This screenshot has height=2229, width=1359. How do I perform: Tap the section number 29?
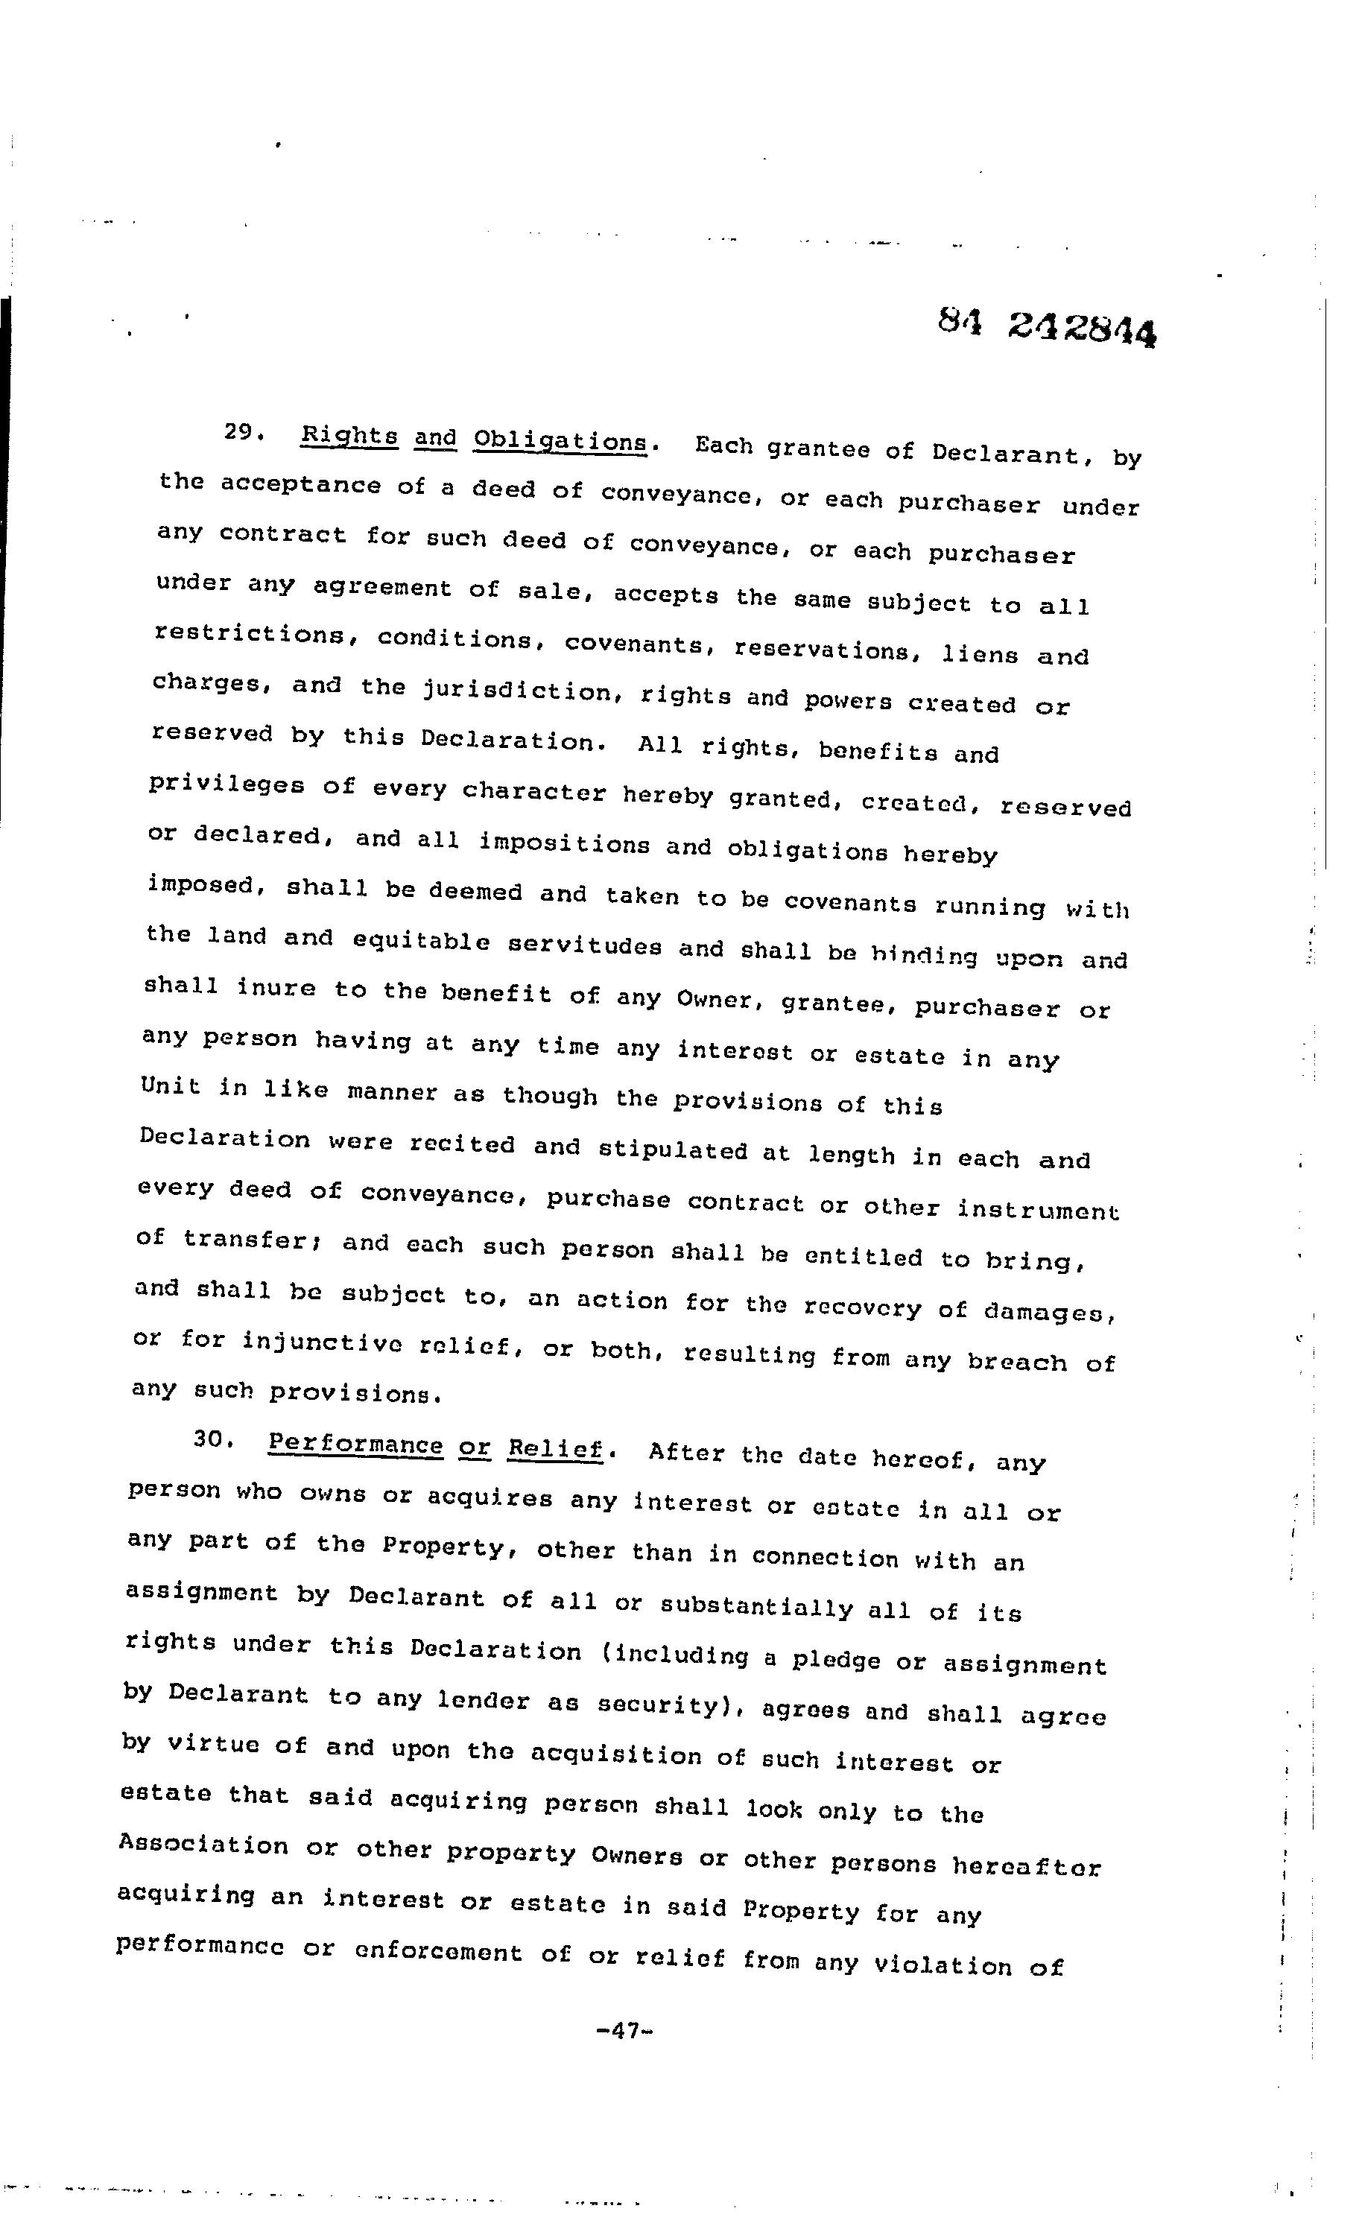click(x=242, y=431)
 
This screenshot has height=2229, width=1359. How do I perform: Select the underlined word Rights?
click(x=349, y=435)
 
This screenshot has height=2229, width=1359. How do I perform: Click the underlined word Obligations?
click(x=561, y=442)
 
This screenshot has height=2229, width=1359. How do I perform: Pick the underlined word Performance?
click(x=355, y=1443)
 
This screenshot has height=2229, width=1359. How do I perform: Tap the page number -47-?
click(x=625, y=2029)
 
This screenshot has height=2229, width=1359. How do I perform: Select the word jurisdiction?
click(x=518, y=692)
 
